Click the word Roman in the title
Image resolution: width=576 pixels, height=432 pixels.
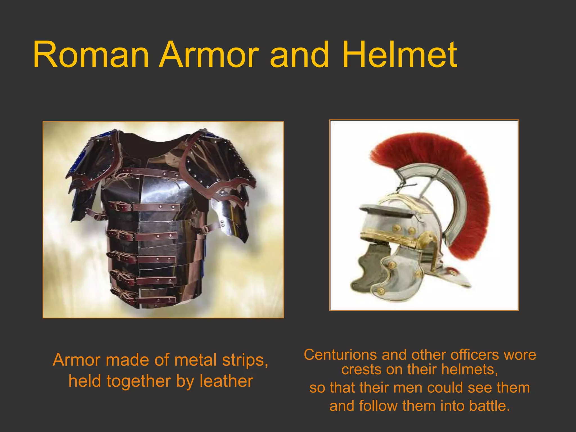pyautogui.click(x=91, y=55)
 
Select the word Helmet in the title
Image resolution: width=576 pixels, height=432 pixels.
pyautogui.click(x=399, y=55)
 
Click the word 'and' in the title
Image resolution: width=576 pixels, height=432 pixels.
pyautogui.click(x=299, y=55)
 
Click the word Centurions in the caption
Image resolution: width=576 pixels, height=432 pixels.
pyautogui.click(x=340, y=355)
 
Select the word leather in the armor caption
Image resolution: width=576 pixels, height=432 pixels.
pyautogui.click(x=226, y=381)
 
